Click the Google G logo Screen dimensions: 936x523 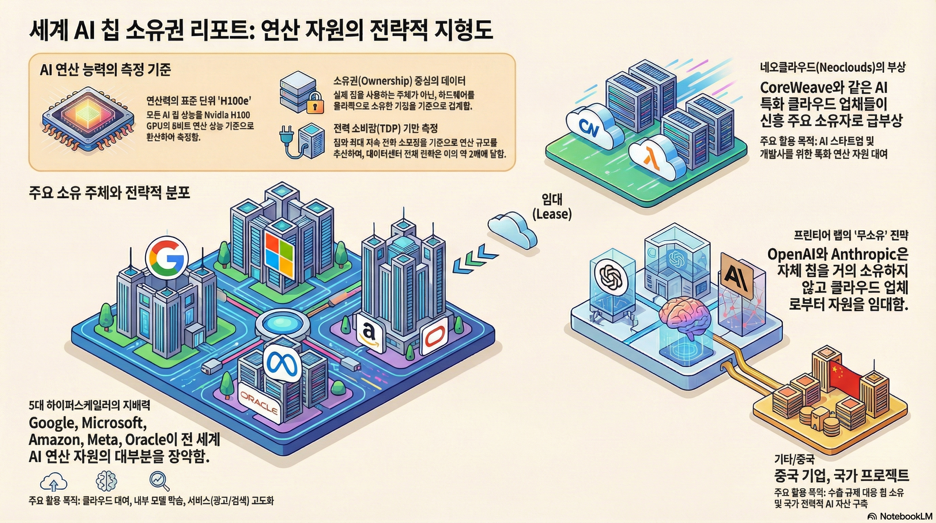tap(167, 258)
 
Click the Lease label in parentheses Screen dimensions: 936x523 tap(552, 214)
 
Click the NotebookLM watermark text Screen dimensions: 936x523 tap(906, 516)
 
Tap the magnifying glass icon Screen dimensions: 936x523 tap(160, 481)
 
